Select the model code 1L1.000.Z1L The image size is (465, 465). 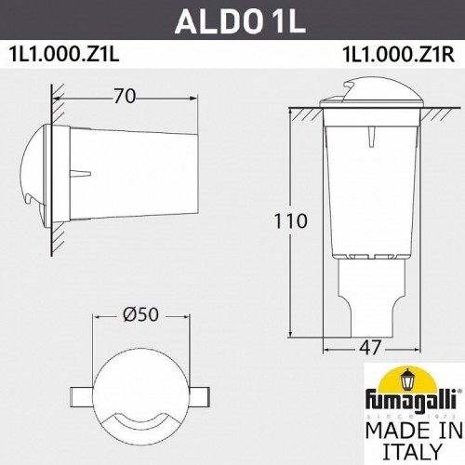pyautogui.click(x=66, y=53)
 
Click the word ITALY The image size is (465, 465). pyautogui.click(x=402, y=453)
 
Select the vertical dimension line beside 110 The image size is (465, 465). pyautogui.click(x=291, y=223)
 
